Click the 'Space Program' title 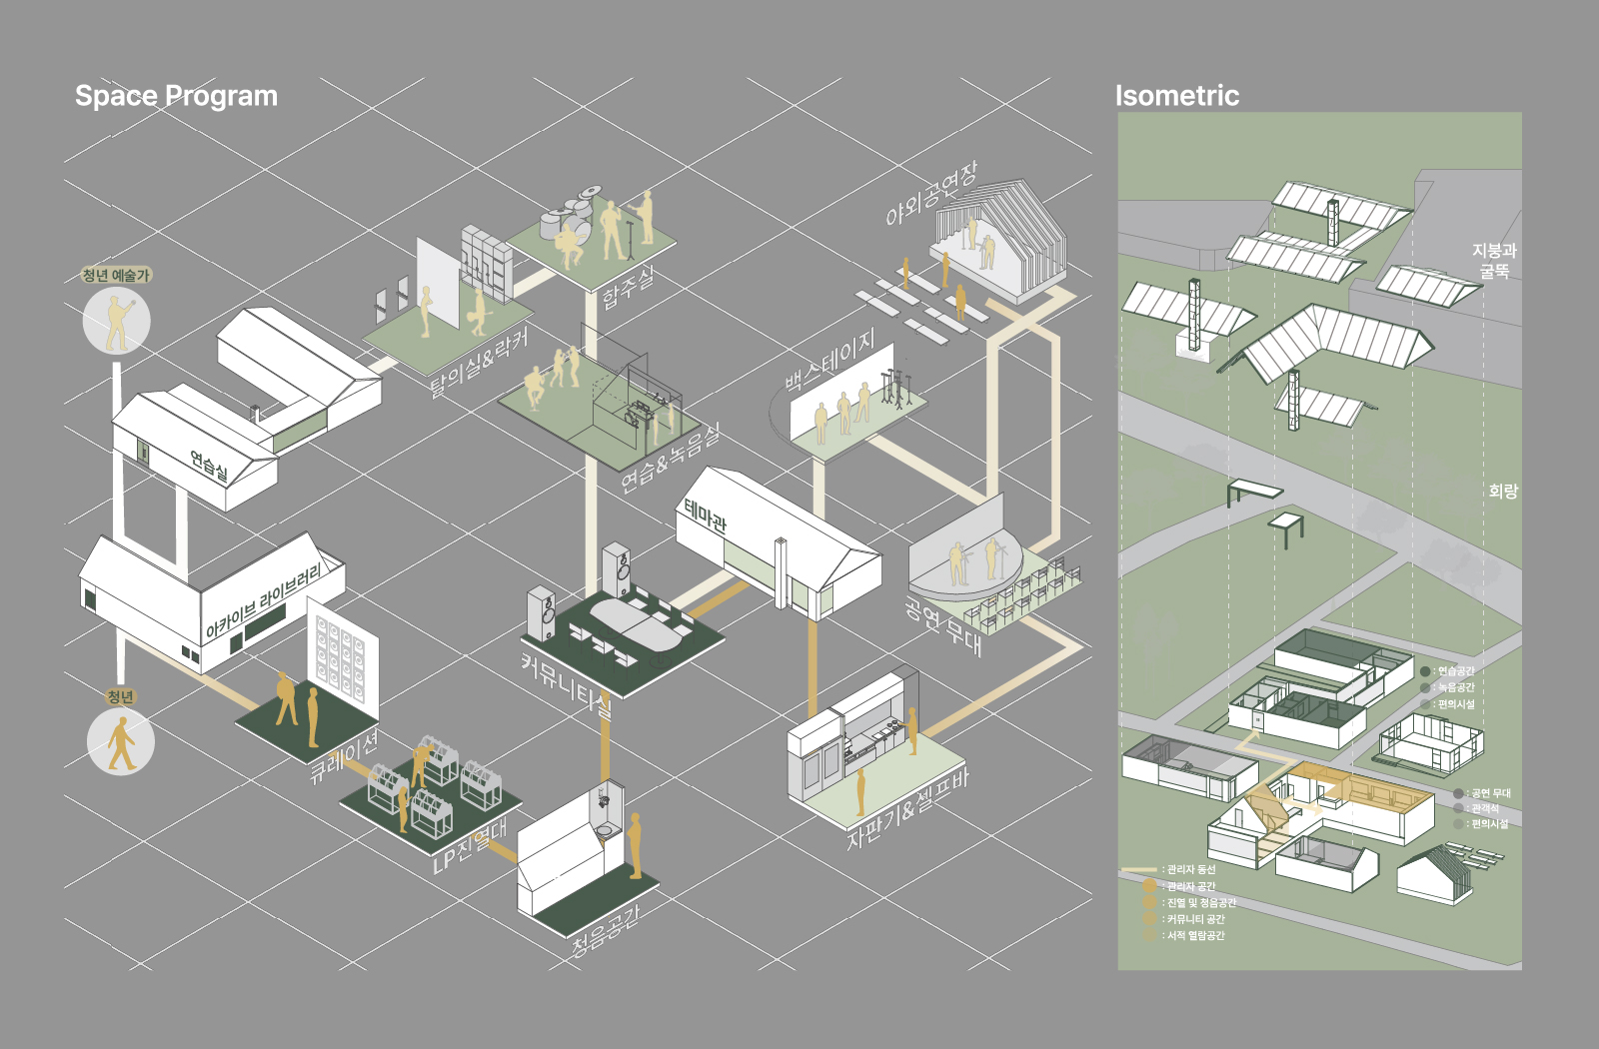point(176,96)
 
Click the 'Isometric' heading point(1176,96)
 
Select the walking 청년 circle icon point(121,742)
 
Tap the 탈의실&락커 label point(478,360)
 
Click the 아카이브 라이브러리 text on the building point(264,600)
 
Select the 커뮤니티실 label point(566,684)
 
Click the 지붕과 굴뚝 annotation point(1493,261)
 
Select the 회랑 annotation point(1502,491)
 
